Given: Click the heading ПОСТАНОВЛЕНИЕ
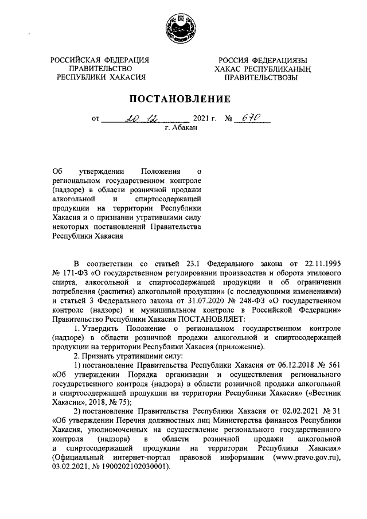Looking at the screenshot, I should click(183, 99).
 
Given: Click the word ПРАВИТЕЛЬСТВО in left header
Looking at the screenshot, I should click(101, 68).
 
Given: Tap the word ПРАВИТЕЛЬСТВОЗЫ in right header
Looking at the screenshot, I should click(261, 77).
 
